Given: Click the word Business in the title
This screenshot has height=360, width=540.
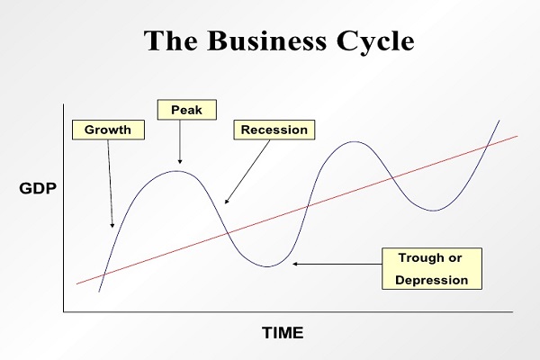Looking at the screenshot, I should click(271, 43).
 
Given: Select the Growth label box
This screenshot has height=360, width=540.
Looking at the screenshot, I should click(108, 130).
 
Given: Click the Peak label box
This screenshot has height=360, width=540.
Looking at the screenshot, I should click(180, 110).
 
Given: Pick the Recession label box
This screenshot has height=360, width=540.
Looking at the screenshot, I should click(274, 130).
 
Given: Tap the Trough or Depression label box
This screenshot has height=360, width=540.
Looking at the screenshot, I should click(433, 268).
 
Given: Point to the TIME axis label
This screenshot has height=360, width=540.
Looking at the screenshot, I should click(283, 333).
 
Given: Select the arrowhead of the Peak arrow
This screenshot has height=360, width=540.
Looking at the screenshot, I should click(180, 159).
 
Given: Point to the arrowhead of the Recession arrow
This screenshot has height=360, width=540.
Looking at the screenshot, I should click(225, 202).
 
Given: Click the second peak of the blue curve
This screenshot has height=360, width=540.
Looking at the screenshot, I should click(355, 141).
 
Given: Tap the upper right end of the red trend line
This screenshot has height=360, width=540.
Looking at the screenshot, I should click(517, 136).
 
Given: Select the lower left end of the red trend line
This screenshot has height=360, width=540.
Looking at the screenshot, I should click(77, 284).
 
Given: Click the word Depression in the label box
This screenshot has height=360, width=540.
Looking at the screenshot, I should click(433, 280).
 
